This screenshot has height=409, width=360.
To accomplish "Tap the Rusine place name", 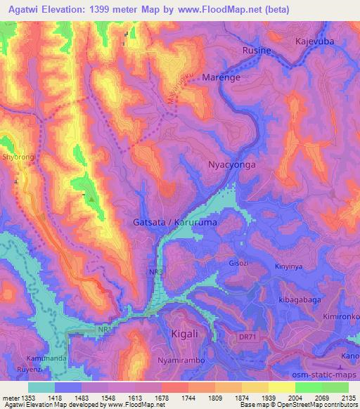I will (256, 51).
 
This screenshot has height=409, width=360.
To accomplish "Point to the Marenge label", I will (221, 78).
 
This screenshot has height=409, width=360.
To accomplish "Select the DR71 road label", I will (285, 337).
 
